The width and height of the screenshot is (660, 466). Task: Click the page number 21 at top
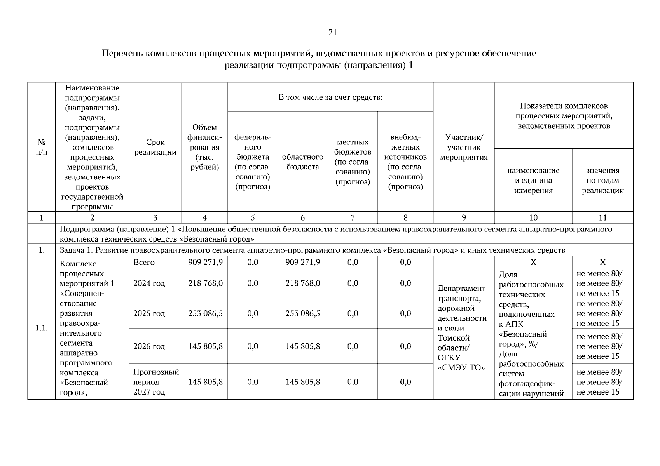332,33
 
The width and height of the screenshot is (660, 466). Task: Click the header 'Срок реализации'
155,148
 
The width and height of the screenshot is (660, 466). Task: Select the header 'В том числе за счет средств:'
330,97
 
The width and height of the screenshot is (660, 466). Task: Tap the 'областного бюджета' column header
302,162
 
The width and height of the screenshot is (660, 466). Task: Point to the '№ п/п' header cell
41,147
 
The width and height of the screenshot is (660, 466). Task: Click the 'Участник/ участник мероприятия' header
463,147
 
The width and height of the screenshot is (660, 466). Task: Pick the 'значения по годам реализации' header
602,180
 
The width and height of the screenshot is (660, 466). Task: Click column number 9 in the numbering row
463,218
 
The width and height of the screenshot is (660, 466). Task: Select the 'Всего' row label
144,263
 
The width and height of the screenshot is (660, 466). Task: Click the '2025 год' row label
149,313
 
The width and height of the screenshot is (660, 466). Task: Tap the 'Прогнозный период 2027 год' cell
155,382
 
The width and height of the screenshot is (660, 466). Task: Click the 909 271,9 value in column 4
205,263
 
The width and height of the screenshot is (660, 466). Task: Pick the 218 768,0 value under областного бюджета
302,283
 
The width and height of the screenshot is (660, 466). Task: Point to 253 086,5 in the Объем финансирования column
205,313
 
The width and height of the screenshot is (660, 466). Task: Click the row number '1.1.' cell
41,328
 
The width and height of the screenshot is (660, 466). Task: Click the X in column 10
533,263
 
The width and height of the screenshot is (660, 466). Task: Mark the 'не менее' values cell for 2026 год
599,346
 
